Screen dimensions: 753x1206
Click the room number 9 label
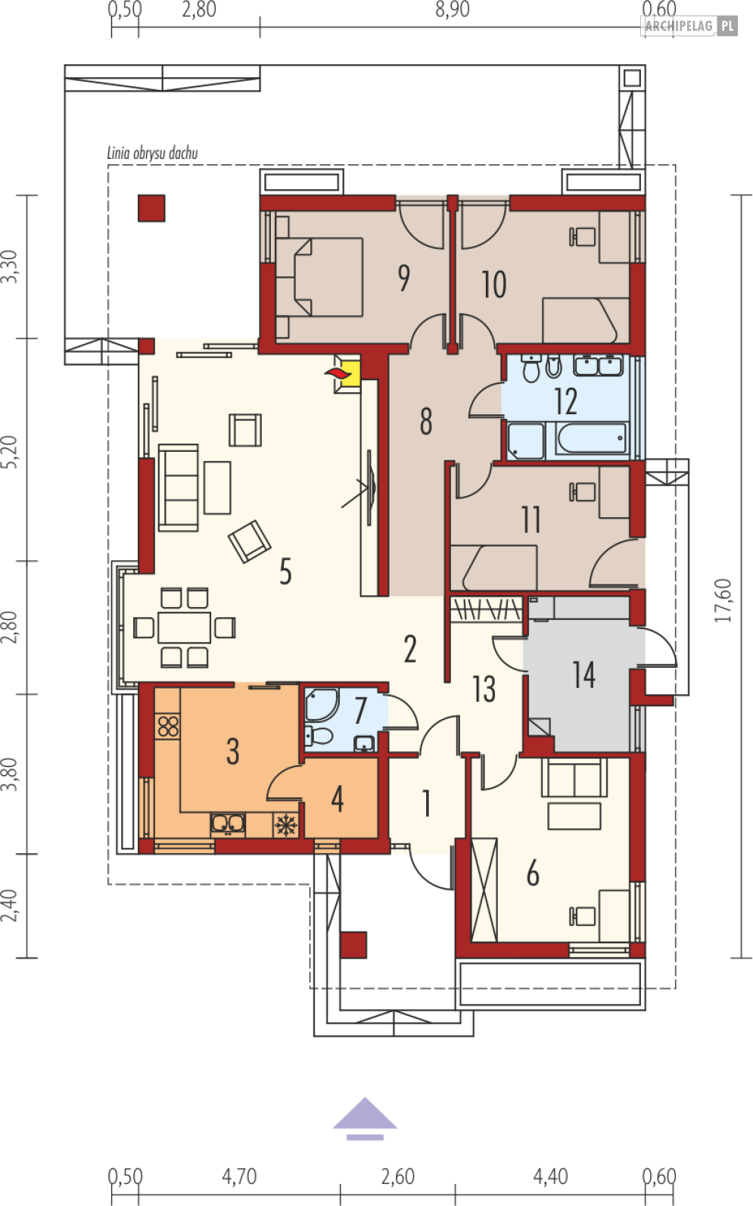coord(403,278)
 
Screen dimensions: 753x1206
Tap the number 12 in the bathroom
coord(565,401)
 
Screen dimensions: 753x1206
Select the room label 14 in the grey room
coord(583,675)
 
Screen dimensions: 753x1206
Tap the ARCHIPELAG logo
coord(689,26)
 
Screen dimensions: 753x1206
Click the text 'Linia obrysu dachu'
coord(152,154)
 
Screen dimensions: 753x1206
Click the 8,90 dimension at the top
coord(453,10)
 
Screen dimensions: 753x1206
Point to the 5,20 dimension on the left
coord(9,452)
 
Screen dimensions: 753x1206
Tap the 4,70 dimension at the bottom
coord(239,1176)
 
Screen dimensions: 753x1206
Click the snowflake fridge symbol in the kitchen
coord(285,824)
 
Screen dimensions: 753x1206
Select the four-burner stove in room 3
coord(168,726)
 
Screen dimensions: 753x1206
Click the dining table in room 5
coord(184,628)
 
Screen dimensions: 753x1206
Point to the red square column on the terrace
coord(151,208)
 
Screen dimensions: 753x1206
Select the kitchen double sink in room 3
coord(228,824)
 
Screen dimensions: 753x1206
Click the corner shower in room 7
coord(322,703)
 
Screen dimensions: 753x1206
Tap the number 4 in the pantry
coord(338,799)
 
